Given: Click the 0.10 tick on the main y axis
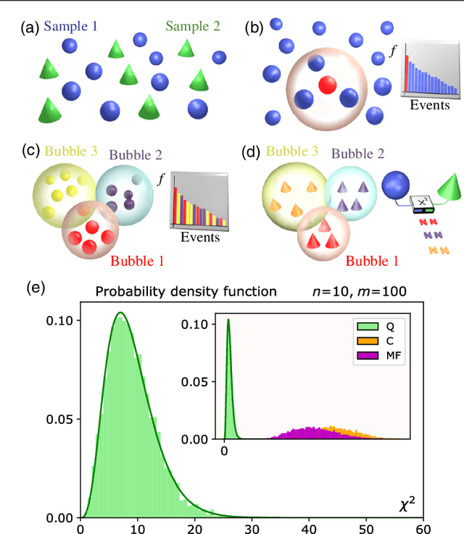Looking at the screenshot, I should pos(59,320).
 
